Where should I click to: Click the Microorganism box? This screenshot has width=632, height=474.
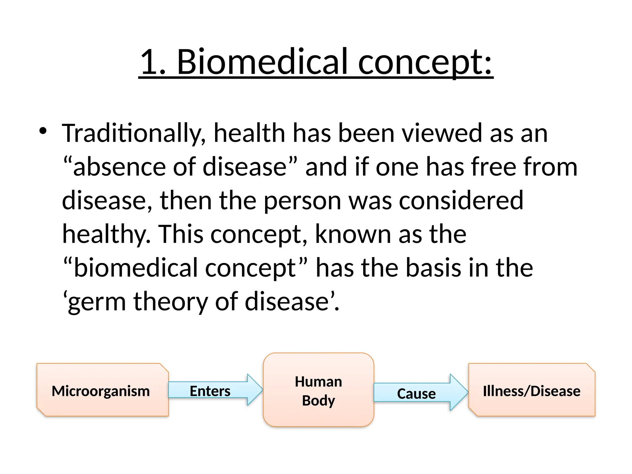[x=102, y=390]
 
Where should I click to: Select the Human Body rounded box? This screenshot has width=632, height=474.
[x=318, y=390]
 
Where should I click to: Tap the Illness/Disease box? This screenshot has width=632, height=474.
[x=531, y=390]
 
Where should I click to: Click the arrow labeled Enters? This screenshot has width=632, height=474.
[x=213, y=390]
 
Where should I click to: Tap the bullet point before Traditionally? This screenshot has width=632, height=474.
[x=43, y=131]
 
